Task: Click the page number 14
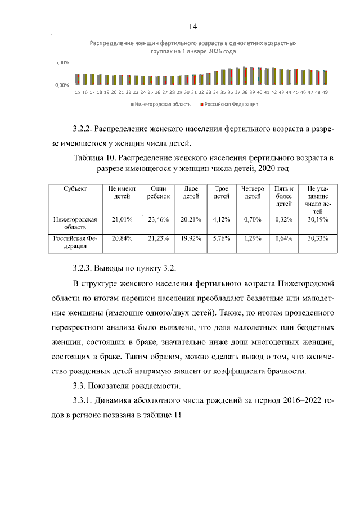coord(193,26)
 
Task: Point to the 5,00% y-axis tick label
coord(62,62)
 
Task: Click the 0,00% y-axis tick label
coord(62,85)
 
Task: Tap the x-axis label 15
coord(78,92)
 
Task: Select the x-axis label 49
coord(325,92)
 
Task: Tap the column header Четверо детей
coord(253,192)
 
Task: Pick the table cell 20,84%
coord(122,238)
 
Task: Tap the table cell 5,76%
coord(222,238)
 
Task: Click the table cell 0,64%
coord(284,238)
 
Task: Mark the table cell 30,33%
coord(318,238)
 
